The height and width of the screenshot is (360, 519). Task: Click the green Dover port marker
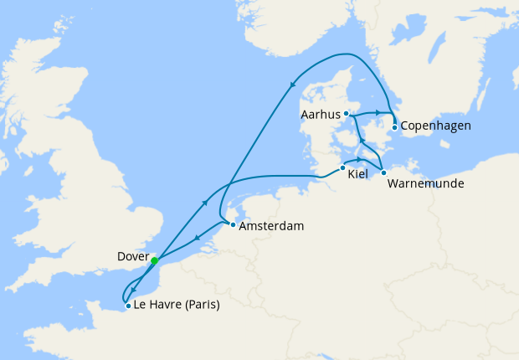(x=154, y=260)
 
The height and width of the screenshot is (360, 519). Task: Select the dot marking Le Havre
(x=127, y=306)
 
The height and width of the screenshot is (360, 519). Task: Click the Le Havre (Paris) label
(x=177, y=306)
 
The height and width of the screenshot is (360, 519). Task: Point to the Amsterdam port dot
(x=232, y=225)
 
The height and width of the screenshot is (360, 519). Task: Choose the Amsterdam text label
(x=271, y=226)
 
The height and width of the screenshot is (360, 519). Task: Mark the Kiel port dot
(x=342, y=167)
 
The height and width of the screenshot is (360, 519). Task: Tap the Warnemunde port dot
(x=383, y=172)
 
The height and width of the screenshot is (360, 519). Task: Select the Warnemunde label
(x=425, y=183)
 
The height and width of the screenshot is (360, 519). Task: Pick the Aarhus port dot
(x=346, y=113)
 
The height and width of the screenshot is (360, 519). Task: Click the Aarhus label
(x=319, y=113)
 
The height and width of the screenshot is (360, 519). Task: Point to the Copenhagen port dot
(x=394, y=127)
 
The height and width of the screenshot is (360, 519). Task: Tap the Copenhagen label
(x=435, y=126)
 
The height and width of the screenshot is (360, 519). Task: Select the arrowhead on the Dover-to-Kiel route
(x=205, y=202)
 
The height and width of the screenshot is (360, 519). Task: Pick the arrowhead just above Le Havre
(x=132, y=289)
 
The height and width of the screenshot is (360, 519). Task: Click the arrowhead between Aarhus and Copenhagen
(x=378, y=112)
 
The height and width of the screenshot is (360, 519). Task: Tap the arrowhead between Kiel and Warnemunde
(x=360, y=159)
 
